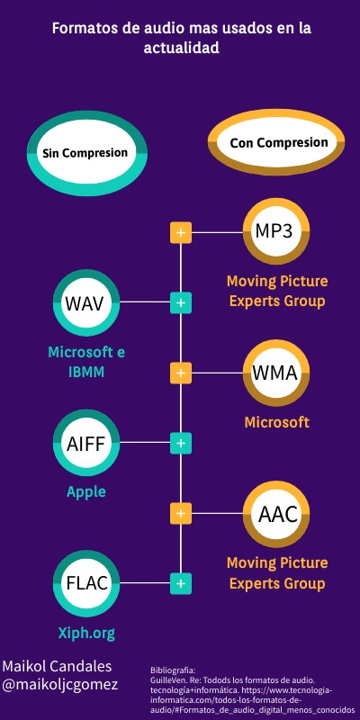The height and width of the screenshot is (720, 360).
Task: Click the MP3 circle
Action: (274, 231)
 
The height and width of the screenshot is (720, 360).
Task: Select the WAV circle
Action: (86, 302)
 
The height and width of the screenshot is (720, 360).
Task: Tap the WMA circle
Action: (274, 373)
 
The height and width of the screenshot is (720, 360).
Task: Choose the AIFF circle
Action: (86, 444)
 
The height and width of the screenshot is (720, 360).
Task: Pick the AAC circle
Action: (277, 515)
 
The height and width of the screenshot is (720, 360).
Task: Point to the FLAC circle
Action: (86, 583)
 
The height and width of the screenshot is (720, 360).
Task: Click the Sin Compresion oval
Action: (85, 153)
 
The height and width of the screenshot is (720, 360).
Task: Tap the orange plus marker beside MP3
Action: (181, 232)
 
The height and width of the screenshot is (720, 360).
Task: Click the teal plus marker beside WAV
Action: (181, 302)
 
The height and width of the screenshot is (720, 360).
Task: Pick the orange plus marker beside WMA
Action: (181, 373)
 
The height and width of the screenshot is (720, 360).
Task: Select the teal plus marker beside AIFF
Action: (181, 443)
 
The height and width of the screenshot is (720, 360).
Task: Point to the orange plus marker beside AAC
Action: (181, 513)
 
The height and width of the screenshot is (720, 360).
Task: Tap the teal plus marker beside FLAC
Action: (181, 583)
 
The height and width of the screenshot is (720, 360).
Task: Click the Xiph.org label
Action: (86, 633)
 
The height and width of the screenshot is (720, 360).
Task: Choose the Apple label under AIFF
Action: (86, 491)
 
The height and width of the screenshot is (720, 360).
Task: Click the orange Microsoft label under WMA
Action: (277, 422)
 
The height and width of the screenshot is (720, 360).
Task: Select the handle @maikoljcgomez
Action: (60, 685)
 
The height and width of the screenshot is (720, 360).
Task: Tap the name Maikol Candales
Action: (58, 666)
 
